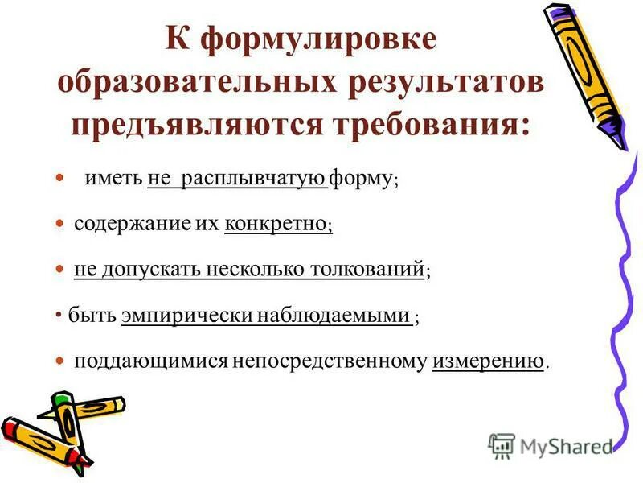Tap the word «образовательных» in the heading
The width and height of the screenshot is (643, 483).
coord(186,84)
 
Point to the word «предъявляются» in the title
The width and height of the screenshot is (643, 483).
coord(199,125)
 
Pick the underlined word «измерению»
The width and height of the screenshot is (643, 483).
coord(488,361)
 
